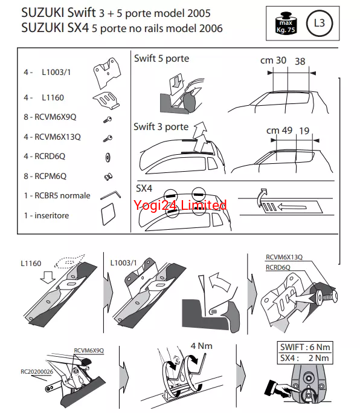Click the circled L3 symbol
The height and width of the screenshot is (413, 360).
point(320,23)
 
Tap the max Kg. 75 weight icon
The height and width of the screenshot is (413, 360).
point(286,23)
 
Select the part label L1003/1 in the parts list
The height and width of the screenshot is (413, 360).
point(56,72)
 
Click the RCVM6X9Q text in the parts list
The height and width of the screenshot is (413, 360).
point(56,117)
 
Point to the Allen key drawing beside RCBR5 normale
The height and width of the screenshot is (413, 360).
point(111,195)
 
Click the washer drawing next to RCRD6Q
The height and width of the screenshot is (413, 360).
point(108,157)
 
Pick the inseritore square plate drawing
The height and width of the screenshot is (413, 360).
point(108,214)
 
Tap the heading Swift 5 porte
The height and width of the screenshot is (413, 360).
point(162,59)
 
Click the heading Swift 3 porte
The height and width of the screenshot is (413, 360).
point(161,127)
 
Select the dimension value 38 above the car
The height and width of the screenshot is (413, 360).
point(300,61)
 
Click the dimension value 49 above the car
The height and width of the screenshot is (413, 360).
point(287,130)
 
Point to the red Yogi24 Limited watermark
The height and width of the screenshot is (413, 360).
point(180,205)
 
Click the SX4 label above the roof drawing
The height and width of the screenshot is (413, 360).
point(144,188)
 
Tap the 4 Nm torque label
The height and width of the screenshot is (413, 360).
point(201,346)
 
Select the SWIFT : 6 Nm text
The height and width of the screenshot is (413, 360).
point(305,347)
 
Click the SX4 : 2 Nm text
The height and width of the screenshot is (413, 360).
point(304,358)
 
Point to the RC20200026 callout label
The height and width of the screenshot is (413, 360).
point(37,372)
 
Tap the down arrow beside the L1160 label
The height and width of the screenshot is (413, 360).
point(48,278)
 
